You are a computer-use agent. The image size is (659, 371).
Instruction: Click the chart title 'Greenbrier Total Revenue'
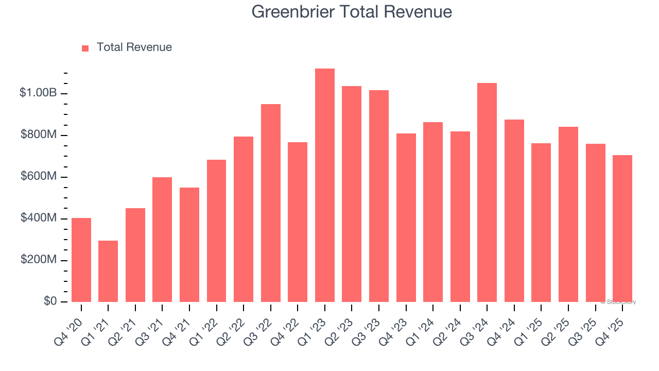(352, 12)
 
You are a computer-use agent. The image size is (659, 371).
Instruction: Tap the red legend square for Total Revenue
(85, 48)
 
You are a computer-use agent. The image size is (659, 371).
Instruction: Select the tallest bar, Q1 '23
(324, 185)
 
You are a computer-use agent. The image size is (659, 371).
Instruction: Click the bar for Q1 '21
(108, 271)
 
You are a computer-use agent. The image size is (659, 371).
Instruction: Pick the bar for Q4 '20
(81, 260)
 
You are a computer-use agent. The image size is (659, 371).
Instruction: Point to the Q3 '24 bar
(487, 193)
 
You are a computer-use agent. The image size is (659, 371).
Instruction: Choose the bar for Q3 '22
(271, 203)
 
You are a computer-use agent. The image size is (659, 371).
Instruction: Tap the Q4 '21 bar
(189, 245)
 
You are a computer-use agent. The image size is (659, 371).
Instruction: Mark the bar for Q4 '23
(406, 217)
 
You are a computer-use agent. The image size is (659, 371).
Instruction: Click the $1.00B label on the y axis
(38, 93)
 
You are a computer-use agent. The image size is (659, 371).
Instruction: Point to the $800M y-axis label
(39, 135)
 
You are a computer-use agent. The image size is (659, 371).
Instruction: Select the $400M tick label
(39, 218)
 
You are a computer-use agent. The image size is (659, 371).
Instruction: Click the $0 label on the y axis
(50, 301)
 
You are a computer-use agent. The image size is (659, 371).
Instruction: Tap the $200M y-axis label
(39, 260)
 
